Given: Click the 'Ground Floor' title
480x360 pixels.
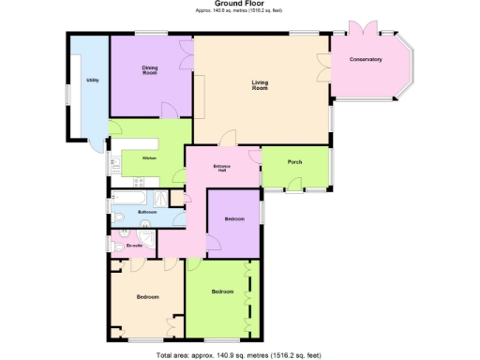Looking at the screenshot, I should tap(238, 4).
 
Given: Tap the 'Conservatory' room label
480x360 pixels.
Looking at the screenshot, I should tap(366, 60).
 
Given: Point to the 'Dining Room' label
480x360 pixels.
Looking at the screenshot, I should tap(149, 69).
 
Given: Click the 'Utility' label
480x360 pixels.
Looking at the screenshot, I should tap(92, 81).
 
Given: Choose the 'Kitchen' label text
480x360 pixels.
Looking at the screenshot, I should tap(148, 157).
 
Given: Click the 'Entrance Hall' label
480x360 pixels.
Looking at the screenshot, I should tap(222, 170).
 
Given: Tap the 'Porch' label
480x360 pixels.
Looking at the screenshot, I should tap(294, 161).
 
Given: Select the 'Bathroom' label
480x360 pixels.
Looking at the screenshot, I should tap(147, 213).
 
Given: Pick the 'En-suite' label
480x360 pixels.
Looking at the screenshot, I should tap(134, 246).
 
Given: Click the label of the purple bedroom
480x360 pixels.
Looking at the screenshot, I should tap(233, 218).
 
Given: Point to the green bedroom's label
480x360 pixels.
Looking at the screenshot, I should tap(222, 292).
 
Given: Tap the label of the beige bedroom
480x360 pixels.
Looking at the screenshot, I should tap(147, 297).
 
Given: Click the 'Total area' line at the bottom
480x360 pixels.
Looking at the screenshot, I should tap(238, 354).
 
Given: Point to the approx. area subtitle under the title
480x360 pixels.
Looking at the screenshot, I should tap(238, 11).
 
